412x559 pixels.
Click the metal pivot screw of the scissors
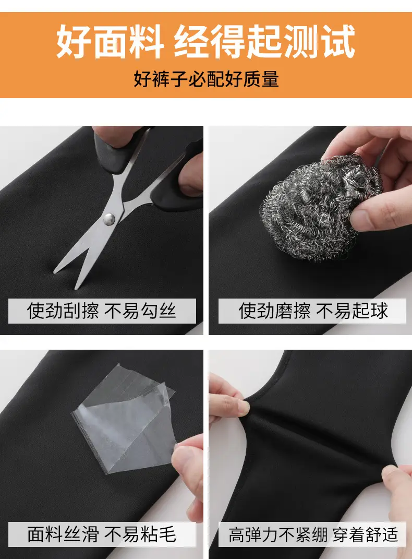click(109, 219)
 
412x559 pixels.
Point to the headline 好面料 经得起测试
click(206, 41)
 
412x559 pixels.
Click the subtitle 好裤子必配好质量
click(206, 79)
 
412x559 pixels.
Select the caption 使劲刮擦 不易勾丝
click(102, 311)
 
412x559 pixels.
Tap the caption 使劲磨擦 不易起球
click(313, 311)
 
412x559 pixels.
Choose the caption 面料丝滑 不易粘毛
click(102, 534)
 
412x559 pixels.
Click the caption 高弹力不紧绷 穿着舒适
click(313, 535)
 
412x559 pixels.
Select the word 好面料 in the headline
click(110, 41)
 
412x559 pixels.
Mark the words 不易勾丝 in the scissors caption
click(140, 311)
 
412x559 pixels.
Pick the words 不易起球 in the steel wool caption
click(352, 311)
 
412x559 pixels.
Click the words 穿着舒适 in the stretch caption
click(366, 535)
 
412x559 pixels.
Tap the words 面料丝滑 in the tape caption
click(63, 534)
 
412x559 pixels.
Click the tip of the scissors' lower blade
click(76, 289)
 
